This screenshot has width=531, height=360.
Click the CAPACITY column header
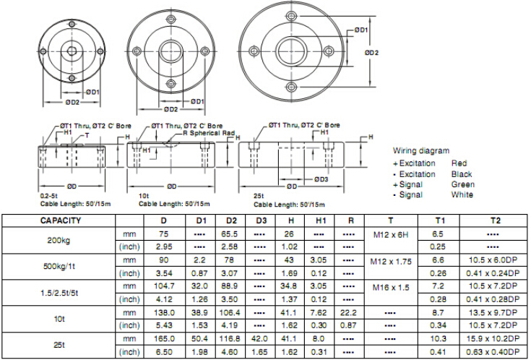[x=61, y=220]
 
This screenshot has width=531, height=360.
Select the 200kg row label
[x=59, y=240]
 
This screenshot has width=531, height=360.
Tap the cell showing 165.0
[x=164, y=338]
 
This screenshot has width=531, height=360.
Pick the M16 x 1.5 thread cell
[x=391, y=288]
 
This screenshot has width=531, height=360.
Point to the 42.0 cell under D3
[x=259, y=338]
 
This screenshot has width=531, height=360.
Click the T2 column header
[x=495, y=220]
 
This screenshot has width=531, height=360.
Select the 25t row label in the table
[x=59, y=345]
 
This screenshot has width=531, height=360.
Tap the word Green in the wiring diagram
[x=462, y=184]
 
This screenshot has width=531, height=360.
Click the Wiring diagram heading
[x=421, y=150]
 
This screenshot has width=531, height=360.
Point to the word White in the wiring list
[x=462, y=194]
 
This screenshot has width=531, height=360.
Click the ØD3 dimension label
[x=321, y=179]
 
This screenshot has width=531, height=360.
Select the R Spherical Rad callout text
[x=209, y=133]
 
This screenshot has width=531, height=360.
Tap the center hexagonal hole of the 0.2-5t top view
[x=72, y=51]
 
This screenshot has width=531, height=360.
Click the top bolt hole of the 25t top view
[x=291, y=16]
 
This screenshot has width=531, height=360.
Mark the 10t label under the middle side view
[x=144, y=196]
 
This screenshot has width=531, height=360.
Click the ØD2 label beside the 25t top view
[x=371, y=53]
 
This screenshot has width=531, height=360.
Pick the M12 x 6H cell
[x=391, y=234]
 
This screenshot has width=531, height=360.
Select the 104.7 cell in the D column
[x=164, y=286]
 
